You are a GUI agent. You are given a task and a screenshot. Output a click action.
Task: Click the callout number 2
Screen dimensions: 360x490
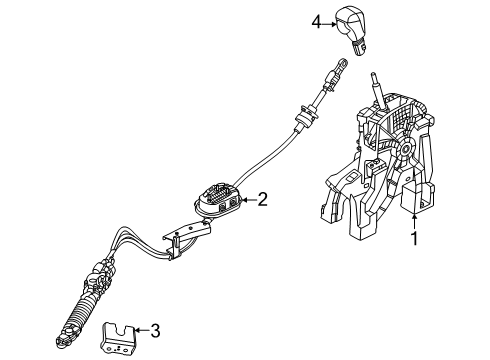[x=262, y=200]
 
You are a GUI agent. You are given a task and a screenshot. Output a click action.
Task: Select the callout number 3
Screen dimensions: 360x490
[x=154, y=327]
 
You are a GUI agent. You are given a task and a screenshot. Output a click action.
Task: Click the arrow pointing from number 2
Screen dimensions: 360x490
[x=245, y=200]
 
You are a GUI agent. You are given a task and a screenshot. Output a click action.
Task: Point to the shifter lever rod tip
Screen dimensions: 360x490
[x=373, y=79]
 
